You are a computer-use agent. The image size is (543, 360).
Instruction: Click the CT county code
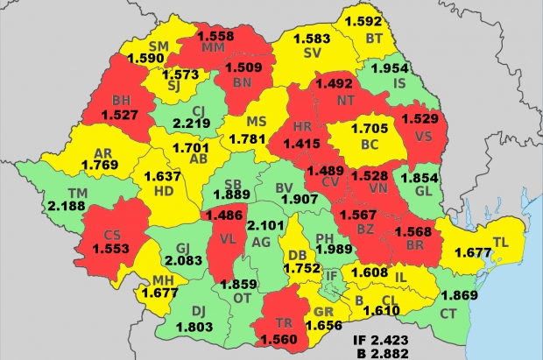pyautogui.click(x=448, y=314)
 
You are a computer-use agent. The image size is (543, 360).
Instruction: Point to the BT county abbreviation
pyautogui.click(x=374, y=38)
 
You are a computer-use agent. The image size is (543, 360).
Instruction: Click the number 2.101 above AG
pyautogui.click(x=270, y=226)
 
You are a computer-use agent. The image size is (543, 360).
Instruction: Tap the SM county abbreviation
pyautogui.click(x=159, y=46)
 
